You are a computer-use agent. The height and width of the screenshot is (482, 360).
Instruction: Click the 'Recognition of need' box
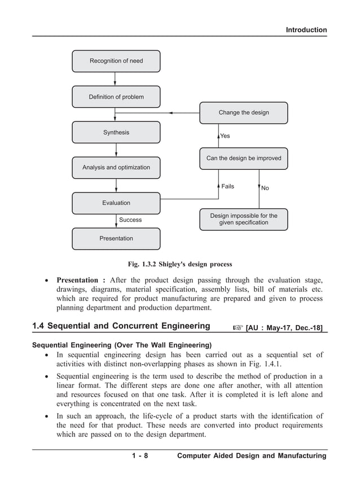coord(116,61)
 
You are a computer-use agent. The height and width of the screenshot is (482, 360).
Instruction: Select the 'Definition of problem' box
coord(116,97)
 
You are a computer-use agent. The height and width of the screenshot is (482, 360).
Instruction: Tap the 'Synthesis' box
coord(116,133)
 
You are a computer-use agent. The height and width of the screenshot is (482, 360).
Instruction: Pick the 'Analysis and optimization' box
coord(116,168)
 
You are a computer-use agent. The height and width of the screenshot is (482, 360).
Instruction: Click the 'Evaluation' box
coord(116,203)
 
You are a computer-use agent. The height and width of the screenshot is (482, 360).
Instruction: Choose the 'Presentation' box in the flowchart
coord(116,238)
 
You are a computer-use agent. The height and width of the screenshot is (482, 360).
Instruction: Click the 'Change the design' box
coord(243,113)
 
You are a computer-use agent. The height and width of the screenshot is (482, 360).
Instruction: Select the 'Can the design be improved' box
coord(243,159)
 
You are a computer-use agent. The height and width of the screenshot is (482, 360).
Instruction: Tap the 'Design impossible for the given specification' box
coord(243,219)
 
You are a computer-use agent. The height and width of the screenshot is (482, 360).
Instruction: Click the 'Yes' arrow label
coord(225,136)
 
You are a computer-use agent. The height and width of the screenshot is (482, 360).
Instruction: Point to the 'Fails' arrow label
coord(227,186)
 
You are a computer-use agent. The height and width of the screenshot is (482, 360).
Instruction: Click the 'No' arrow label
coord(265,189)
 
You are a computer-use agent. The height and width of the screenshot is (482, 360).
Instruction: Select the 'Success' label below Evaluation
coord(130,220)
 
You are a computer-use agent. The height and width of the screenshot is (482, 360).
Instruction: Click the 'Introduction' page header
coord(306,30)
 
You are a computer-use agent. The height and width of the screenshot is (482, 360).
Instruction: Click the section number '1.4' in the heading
coord(41,326)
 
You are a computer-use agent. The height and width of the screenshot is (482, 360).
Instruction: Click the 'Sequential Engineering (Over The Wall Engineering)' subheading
coord(122,345)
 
